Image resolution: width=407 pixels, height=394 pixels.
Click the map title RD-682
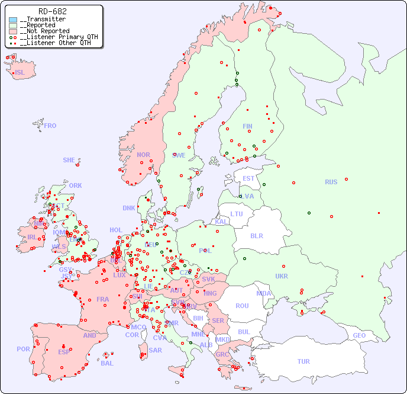coord(52,11)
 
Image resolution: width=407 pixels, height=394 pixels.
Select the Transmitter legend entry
coord(45,20)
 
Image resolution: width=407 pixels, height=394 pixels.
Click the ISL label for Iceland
coord(20,73)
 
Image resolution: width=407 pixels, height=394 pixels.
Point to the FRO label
coord(50,126)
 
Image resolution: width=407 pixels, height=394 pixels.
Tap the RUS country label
coord(331,182)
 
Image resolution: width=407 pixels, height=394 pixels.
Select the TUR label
coord(303,361)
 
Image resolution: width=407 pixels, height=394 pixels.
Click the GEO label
coord(359,335)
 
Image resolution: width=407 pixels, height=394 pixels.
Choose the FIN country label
coord(247,126)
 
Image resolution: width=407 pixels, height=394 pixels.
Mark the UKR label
coord(282,276)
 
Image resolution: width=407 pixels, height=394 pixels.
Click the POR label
coord(23,349)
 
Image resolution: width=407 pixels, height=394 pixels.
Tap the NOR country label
coord(143,155)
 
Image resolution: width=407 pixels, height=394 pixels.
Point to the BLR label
coord(256,235)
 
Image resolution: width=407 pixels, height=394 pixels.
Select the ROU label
coord(242,306)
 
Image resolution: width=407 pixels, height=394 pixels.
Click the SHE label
coord(69,160)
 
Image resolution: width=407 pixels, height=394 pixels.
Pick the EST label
coord(248,178)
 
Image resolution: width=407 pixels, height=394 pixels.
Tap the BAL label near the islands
coord(107,363)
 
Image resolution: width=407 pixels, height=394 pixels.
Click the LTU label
coord(237,214)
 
